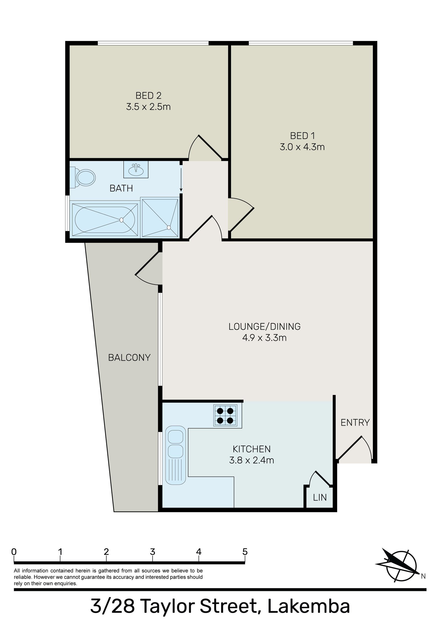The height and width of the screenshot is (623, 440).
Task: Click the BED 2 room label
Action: point(148,95)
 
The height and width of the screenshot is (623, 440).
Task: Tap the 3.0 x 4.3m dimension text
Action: point(302,147)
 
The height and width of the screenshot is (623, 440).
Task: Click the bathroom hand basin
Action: point(136,170)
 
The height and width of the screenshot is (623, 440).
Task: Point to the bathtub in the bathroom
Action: point(105,220)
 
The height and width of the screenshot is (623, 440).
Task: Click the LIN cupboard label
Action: point(320,497)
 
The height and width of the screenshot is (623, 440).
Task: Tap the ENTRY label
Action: point(355,422)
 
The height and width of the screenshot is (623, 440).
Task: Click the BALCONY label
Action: point(129,357)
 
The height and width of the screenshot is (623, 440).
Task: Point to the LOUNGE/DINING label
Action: point(265,327)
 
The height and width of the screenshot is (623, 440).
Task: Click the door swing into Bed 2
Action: point(205,149)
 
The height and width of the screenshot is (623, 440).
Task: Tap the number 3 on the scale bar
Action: point(152,551)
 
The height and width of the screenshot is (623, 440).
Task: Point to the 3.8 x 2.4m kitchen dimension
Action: point(251,460)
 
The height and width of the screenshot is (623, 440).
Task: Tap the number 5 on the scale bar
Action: point(245,551)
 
